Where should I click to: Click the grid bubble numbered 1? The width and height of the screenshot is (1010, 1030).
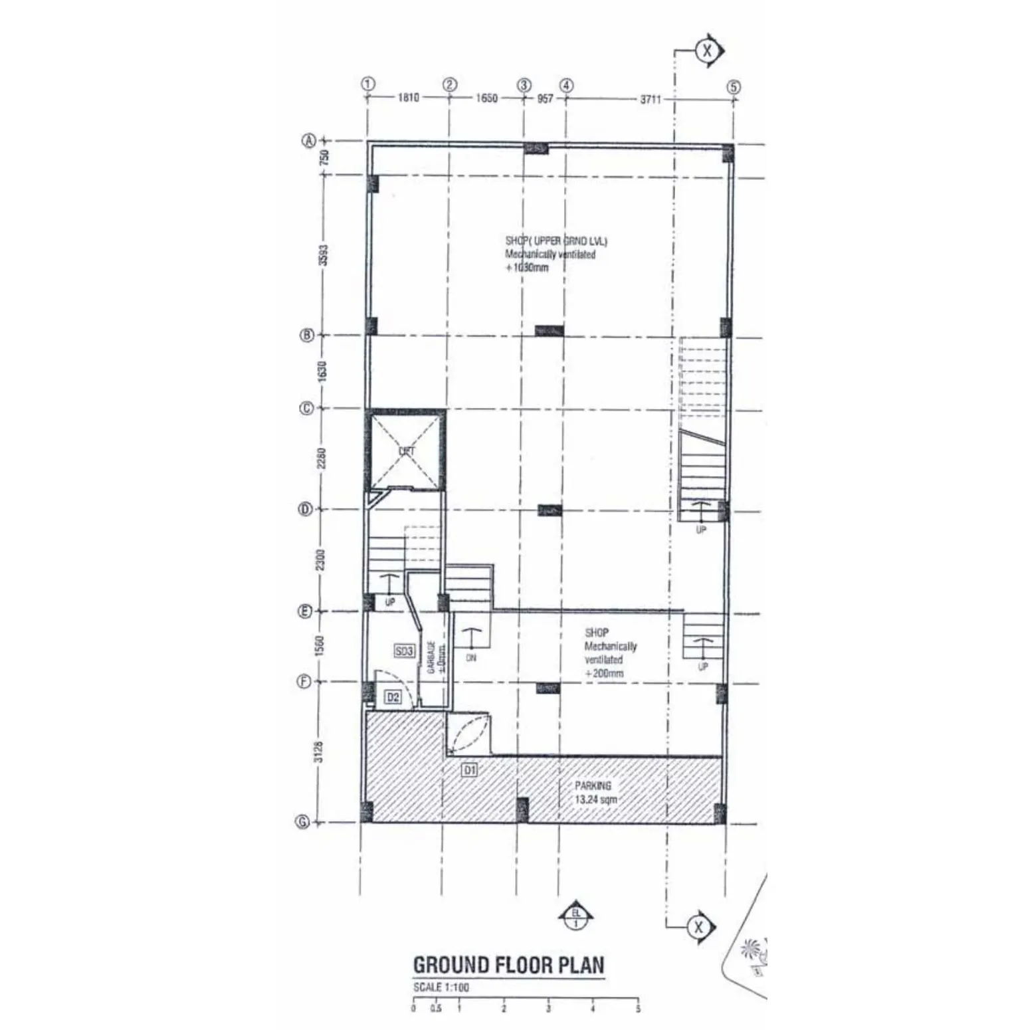[368, 84]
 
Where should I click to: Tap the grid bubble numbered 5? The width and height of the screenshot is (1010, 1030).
[733, 87]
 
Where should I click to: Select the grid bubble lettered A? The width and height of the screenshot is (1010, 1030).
[309, 141]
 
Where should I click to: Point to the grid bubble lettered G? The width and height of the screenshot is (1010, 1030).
[302, 822]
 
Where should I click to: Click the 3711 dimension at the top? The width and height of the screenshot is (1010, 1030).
[651, 99]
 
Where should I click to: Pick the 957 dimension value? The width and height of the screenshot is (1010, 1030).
[545, 98]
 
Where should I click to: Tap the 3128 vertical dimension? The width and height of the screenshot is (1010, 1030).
[319, 752]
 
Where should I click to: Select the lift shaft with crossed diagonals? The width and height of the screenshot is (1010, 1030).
[406, 451]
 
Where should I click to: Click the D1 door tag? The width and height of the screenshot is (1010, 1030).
[470, 770]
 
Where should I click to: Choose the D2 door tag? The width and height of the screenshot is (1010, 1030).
[393, 697]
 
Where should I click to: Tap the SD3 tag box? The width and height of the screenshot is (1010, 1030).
[404, 651]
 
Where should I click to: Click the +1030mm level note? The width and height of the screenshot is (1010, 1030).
[528, 268]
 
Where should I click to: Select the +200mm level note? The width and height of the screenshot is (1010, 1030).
[604, 673]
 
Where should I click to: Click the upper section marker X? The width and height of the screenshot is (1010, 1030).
[707, 51]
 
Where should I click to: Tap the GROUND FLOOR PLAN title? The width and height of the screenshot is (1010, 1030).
[509, 965]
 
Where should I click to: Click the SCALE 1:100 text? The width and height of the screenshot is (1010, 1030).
[441, 987]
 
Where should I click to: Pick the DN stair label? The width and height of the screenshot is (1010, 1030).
[471, 658]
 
